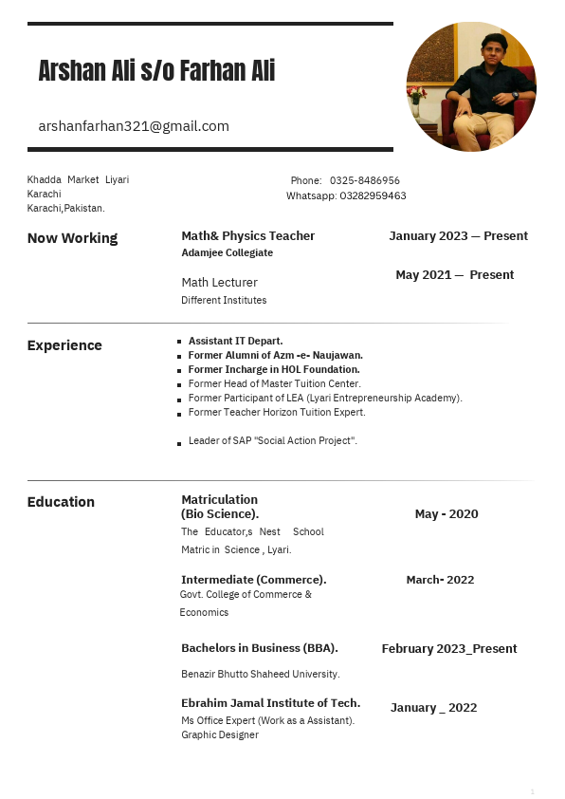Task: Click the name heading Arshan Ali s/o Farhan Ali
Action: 156,70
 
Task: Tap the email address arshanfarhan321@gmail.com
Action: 134,126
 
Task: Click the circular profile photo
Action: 471,86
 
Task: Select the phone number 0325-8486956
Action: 364,180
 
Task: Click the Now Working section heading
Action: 72,238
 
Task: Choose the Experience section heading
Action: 64,345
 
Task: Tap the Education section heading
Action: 61,502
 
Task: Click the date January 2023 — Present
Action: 458,236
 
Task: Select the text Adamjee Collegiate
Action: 227,253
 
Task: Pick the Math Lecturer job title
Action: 219,282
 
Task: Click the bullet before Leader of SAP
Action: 179,442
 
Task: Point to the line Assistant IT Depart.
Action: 235,341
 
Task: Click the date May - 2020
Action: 447,514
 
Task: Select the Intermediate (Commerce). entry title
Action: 253,580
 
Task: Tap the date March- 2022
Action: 440,580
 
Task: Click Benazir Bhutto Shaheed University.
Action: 260,674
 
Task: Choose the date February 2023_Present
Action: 449,649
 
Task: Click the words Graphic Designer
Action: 220,735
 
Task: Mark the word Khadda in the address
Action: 44,180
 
